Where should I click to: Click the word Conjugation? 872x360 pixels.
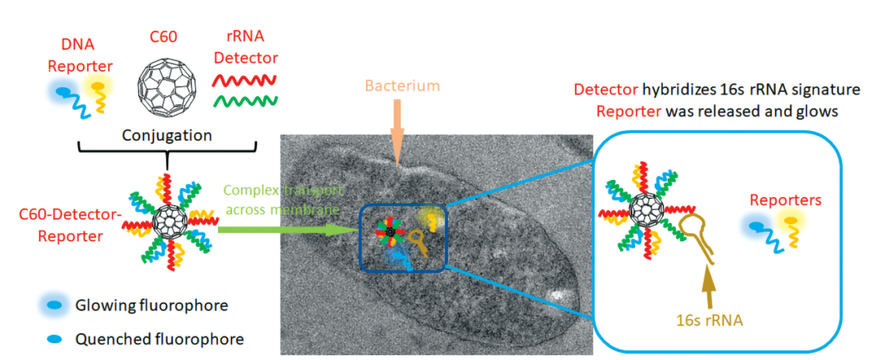pos(169,137)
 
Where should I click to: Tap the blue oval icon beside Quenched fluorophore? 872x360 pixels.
pos(55,338)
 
